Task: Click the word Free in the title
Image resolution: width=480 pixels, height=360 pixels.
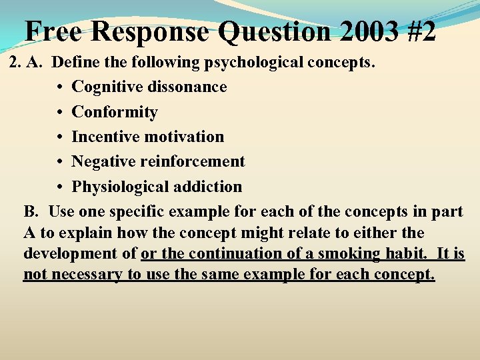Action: pos(53,31)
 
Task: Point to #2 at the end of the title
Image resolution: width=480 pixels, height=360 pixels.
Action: pos(421,31)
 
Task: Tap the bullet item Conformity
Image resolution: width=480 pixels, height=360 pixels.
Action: pos(114,112)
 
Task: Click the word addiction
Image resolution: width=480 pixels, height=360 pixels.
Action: pos(206,187)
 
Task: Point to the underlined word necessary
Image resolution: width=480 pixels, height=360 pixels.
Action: pos(86,275)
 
